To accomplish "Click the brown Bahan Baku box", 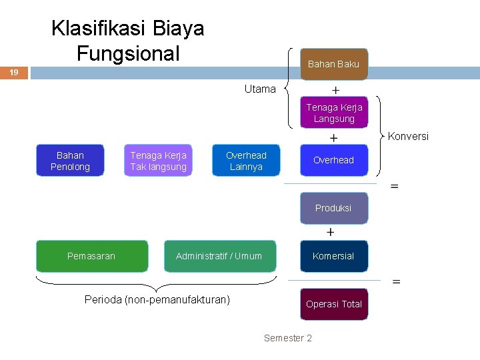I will pos(333,65).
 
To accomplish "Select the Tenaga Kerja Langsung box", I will pos(334,113).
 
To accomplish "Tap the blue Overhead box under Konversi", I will pos(333,160).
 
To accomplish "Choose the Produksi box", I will pos(333,208).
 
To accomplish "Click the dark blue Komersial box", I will pos(333,256).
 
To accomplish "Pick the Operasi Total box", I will pos(333,304).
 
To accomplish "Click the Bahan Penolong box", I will pos(70,161).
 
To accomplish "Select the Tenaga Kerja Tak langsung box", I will pos(158,161).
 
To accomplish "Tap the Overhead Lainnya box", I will pos(246,161).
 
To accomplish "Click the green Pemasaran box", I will pos(91,256).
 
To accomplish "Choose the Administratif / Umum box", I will pos(219,256).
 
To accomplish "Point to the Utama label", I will pos(259,89).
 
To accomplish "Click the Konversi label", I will pos(408,137).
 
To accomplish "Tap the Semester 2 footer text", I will pos(288,338).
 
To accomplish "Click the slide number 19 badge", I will pos(14,72).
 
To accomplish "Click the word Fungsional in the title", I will pos(128,52).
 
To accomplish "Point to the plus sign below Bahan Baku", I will pos(335,89).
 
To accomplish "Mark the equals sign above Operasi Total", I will pos(396,282).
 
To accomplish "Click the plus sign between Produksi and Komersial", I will pos(331,232).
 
